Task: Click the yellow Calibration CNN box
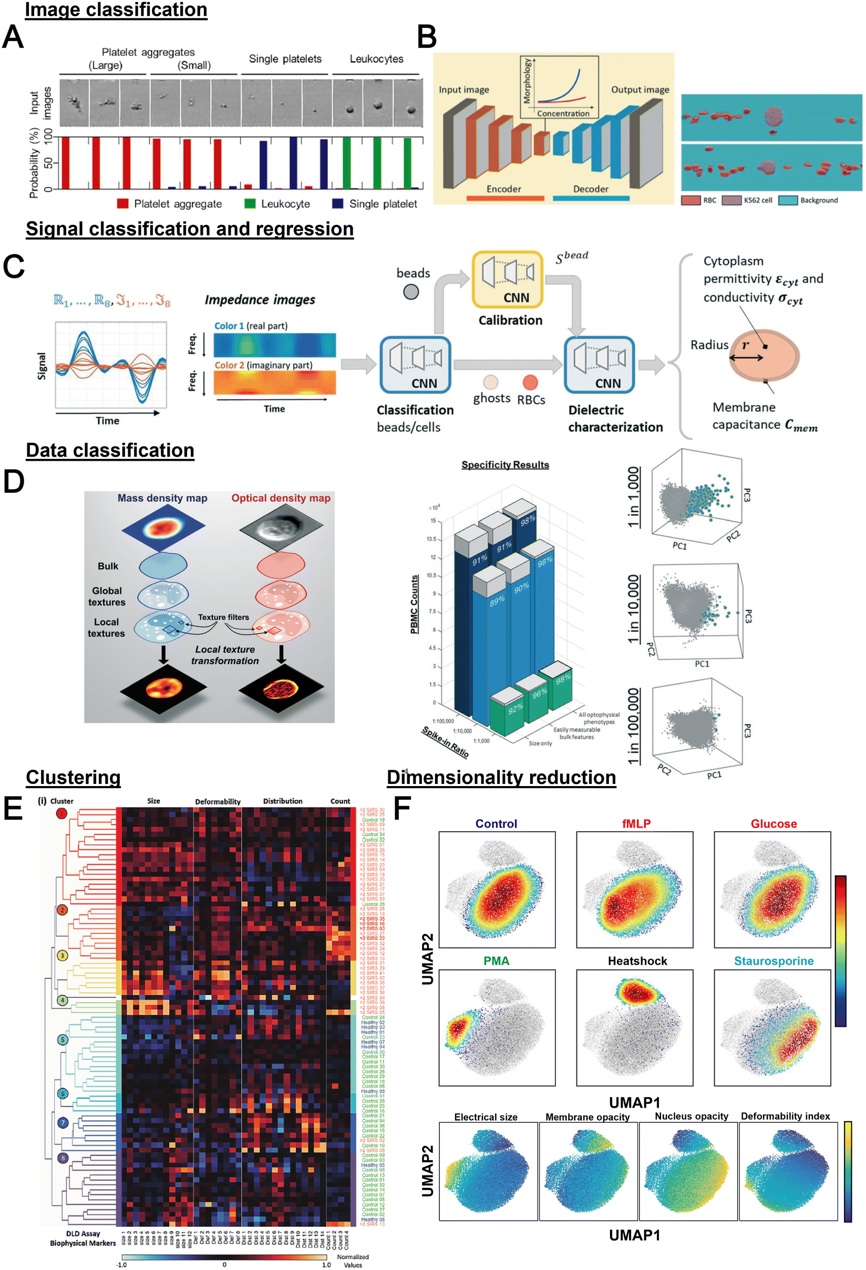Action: tap(508, 279)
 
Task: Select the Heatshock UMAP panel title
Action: tap(637, 961)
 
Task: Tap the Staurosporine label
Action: tap(773, 961)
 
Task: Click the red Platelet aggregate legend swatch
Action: tap(123, 203)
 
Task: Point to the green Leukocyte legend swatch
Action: tap(250, 203)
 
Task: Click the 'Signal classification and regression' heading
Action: tap(190, 229)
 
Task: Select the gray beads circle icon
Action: tap(410, 292)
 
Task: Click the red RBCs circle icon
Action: tap(530, 382)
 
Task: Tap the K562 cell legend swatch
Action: tap(731, 200)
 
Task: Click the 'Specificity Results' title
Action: tap(505, 464)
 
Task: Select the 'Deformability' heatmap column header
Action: tap(218, 802)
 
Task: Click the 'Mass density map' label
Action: tap(162, 498)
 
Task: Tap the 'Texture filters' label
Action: tap(223, 617)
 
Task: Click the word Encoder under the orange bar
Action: tap(503, 189)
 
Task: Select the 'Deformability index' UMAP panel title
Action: tap(785, 1117)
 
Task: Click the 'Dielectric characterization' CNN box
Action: tap(599, 365)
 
